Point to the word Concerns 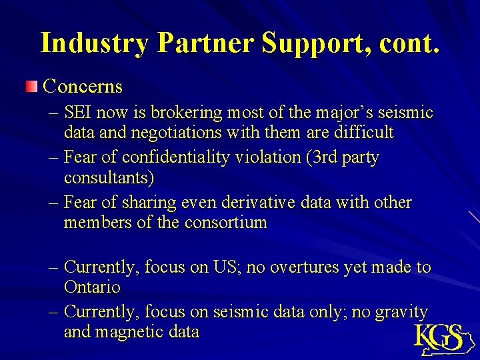[x=83, y=86]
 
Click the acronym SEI [x=80, y=113]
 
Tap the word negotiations [x=176, y=133]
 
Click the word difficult [x=363, y=133]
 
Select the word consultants [x=106, y=178]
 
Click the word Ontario [x=92, y=287]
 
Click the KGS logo [x=441, y=337]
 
